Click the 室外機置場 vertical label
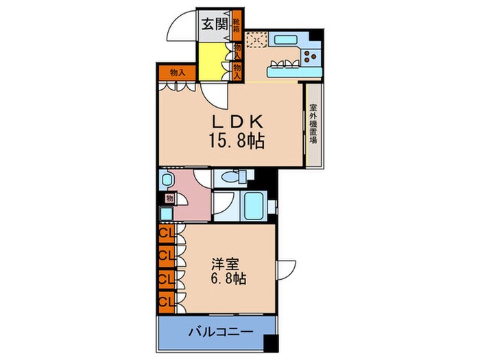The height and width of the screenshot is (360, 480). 313,124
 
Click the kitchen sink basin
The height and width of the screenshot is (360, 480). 283,40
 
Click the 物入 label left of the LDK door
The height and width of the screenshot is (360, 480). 176,71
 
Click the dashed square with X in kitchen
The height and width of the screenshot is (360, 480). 256,40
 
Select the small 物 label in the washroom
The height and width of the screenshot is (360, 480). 169,200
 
